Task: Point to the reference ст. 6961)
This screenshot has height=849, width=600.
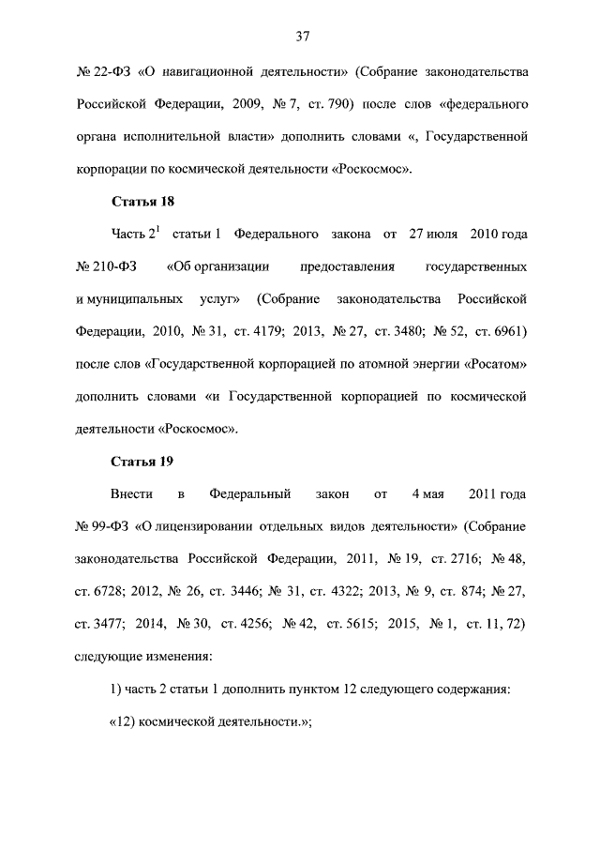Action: pos(495,331)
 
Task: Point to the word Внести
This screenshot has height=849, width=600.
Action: pos(132,493)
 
